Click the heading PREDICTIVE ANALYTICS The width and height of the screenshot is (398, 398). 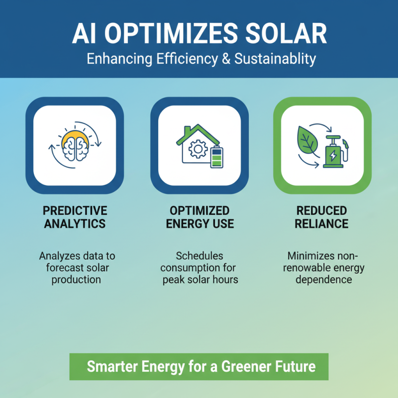pyautogui.click(x=75, y=217)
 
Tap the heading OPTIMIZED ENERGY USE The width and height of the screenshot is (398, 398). pyautogui.click(x=199, y=217)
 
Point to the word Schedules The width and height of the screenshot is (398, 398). pyautogui.click(x=199, y=256)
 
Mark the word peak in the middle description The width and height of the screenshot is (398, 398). pyautogui.click(x=174, y=280)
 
